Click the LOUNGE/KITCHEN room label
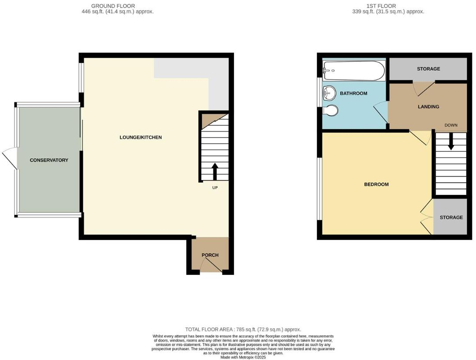point(141,137)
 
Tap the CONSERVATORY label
point(49,160)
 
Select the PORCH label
point(210,255)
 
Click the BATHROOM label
point(353,94)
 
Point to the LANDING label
point(428,107)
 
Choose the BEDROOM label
point(376,184)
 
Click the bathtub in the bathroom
point(354,71)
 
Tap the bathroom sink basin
point(329,93)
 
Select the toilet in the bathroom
point(330,110)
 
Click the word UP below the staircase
point(215,187)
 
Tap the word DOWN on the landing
point(451,125)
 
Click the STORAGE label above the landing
point(428,69)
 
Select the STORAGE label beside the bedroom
point(451,217)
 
